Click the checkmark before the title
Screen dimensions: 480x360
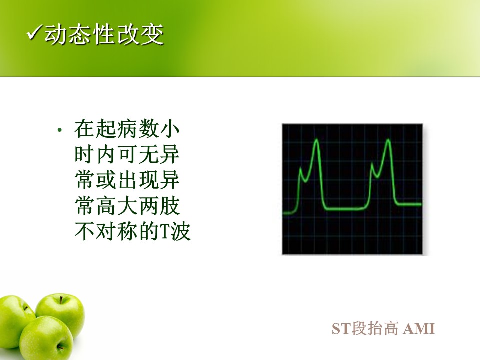(34, 33)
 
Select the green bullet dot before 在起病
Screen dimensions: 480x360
(59, 130)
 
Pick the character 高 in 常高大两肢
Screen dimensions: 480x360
(106, 206)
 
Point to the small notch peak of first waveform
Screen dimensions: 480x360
(300, 169)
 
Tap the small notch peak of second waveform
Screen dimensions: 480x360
(372, 164)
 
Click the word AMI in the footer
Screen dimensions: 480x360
(419, 329)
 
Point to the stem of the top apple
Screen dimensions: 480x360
(61, 299)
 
